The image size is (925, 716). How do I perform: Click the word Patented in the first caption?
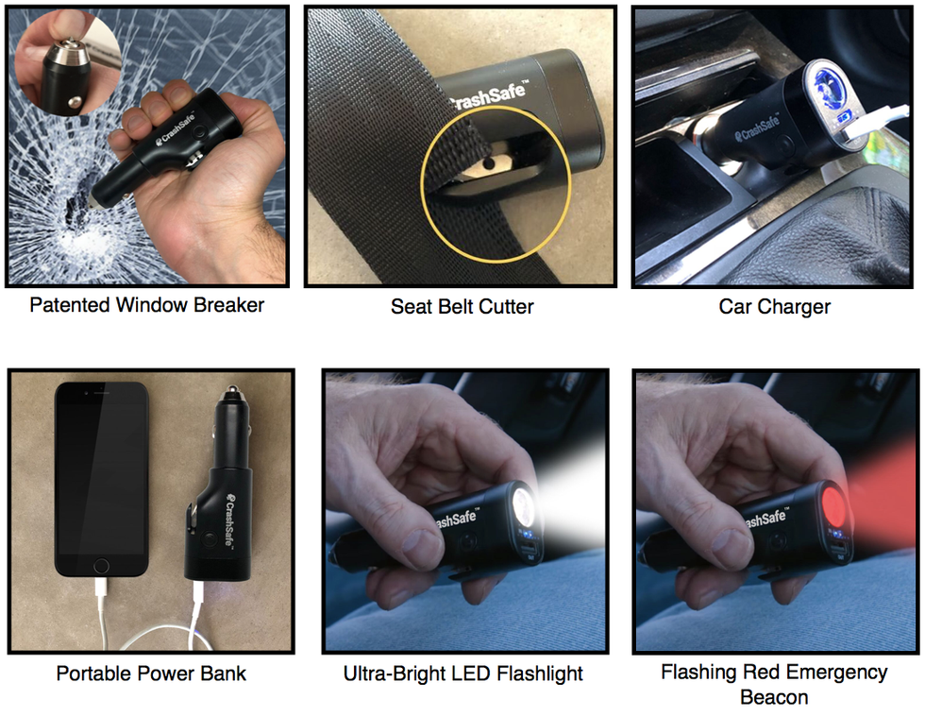[x=70, y=304]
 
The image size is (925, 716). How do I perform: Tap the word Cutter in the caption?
[x=506, y=306]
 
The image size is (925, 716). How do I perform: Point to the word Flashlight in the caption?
[x=540, y=673]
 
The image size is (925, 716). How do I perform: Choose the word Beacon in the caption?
[x=774, y=697]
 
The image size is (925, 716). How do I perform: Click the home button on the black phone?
[x=101, y=566]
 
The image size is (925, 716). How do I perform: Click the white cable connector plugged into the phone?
[x=101, y=589]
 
